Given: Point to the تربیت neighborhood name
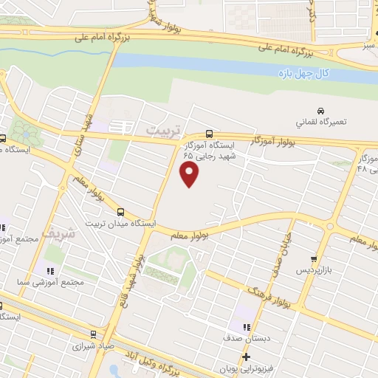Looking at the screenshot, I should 162,130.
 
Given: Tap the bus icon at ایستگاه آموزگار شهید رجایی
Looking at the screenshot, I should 210,134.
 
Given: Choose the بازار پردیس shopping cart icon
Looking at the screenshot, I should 315,259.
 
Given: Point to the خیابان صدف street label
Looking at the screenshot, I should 284,252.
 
